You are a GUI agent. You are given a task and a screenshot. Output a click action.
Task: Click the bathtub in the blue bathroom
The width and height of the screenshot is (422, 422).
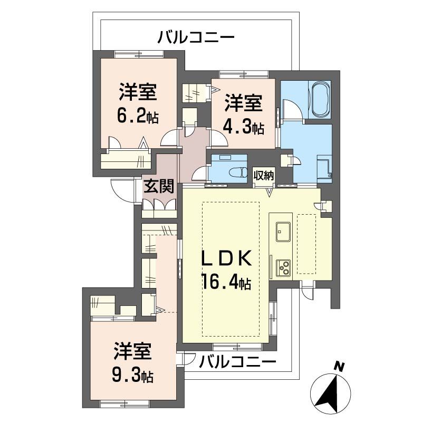coord(321,99)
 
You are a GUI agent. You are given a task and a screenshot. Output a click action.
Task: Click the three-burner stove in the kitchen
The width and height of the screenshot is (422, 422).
coord(284,268)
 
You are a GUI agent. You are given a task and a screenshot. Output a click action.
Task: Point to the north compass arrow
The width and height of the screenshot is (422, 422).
coord(331,391)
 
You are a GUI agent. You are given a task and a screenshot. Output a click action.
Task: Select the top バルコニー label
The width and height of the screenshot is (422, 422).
coord(196,37)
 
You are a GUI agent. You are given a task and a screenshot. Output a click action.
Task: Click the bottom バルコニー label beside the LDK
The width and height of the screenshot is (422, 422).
coord(238,362)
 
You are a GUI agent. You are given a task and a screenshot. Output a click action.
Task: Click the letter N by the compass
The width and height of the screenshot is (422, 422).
coord(341,366)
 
